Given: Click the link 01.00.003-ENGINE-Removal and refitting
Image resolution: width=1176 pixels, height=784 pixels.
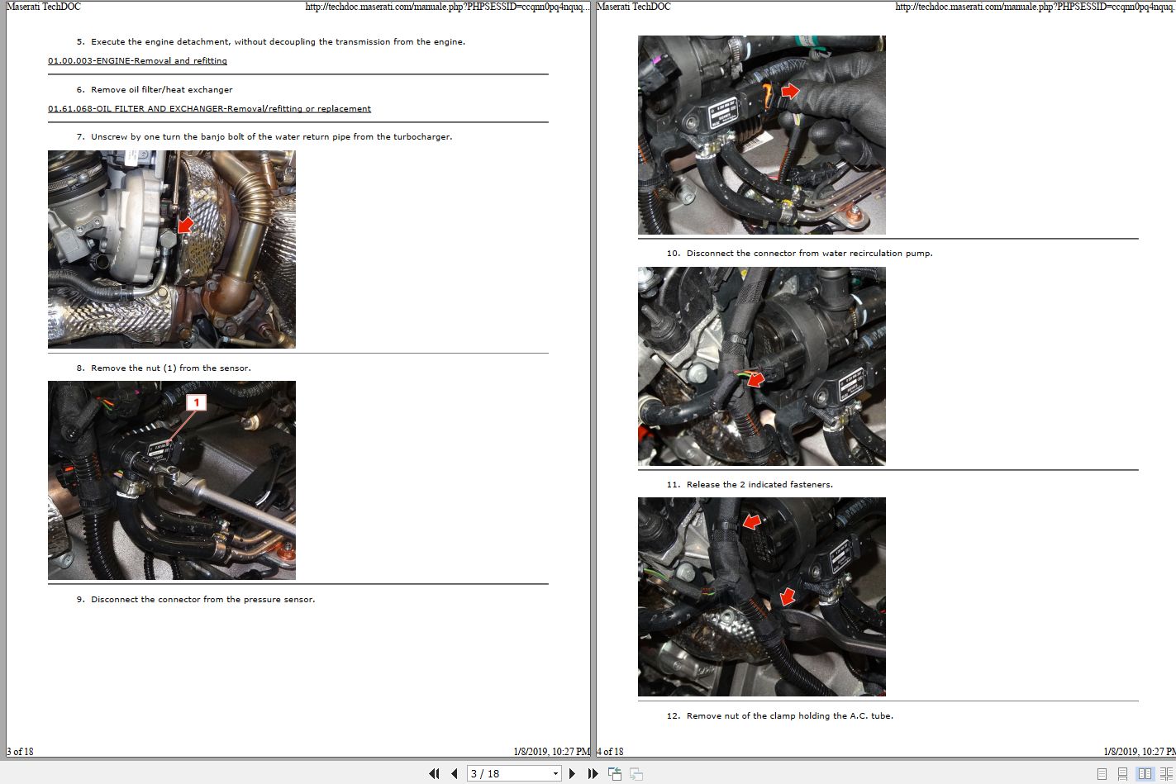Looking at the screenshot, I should pyautogui.click(x=137, y=61).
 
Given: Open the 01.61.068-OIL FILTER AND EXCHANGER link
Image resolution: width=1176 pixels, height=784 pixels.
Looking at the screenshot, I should pyautogui.click(x=209, y=109).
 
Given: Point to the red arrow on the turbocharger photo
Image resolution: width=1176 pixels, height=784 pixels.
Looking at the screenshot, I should pyautogui.click(x=185, y=225).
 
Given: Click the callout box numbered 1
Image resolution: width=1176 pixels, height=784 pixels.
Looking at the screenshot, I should pyautogui.click(x=196, y=402).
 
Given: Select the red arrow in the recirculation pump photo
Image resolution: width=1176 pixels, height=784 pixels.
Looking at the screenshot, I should pyautogui.click(x=755, y=378).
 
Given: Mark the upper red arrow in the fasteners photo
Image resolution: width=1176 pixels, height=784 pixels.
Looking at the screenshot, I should pyautogui.click(x=751, y=521).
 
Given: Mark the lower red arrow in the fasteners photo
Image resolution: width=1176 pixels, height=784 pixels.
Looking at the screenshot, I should pyautogui.click(x=788, y=595).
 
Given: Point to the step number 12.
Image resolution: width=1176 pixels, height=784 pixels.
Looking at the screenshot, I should pyautogui.click(x=673, y=716).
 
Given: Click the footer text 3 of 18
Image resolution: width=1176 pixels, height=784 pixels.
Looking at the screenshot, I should pyautogui.click(x=20, y=752).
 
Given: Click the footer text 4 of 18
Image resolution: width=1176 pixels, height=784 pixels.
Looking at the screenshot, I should pyautogui.click(x=610, y=752).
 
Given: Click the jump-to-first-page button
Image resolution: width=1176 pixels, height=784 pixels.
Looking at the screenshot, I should pyautogui.click(x=434, y=774).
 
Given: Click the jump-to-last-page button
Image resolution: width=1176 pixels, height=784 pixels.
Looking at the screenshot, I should pyautogui.click(x=593, y=774).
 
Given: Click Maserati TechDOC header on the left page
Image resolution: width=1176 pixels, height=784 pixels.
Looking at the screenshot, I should pyautogui.click(x=43, y=7).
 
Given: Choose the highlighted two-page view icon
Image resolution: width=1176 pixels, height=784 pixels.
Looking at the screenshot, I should pyautogui.click(x=1145, y=774).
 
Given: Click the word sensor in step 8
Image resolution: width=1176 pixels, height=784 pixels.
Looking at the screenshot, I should pyautogui.click(x=234, y=368).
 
